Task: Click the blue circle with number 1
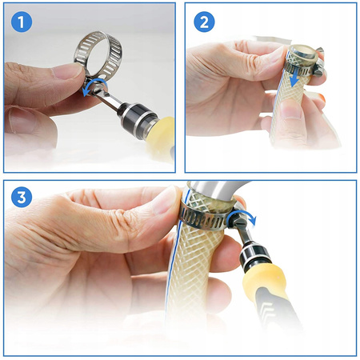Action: click(x=22, y=22)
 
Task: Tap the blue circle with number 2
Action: click(x=204, y=22)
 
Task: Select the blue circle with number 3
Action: click(x=22, y=198)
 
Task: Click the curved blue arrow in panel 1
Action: click(x=93, y=83)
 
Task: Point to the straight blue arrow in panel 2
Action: click(x=295, y=77)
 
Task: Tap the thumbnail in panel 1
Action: click(x=67, y=71)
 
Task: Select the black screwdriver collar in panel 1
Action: click(x=135, y=116)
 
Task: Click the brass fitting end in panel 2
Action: click(x=303, y=54)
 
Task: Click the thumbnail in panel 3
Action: click(x=166, y=199)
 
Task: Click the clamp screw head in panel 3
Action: click(x=236, y=221)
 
